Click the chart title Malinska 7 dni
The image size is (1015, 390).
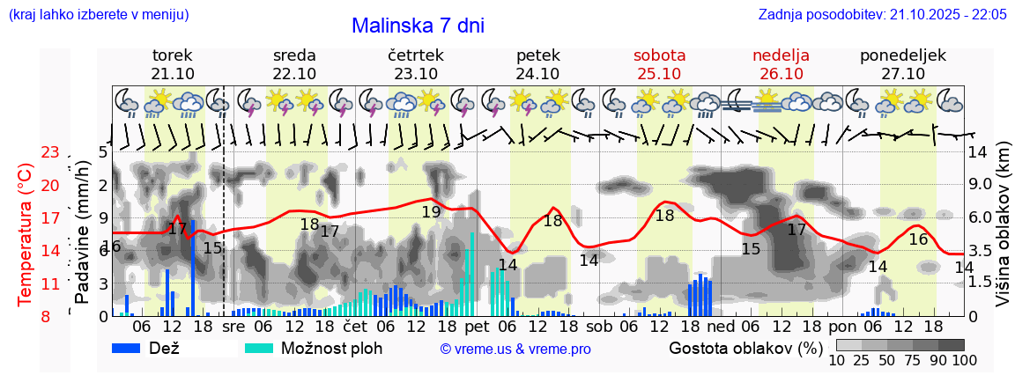coord(418,26)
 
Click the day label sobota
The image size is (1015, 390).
coord(659,55)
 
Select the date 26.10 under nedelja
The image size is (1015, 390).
coord(781,73)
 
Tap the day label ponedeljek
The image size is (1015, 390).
coord(903,55)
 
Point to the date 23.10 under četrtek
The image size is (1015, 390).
coord(416,73)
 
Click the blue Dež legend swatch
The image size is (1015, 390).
coord(131,347)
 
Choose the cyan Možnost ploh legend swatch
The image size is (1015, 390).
coord(260,347)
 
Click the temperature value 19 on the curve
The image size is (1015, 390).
coord(431,211)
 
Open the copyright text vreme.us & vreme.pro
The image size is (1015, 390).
coord(515,349)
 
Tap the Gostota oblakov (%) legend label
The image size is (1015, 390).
coord(745,347)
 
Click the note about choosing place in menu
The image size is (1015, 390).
coord(98,14)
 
